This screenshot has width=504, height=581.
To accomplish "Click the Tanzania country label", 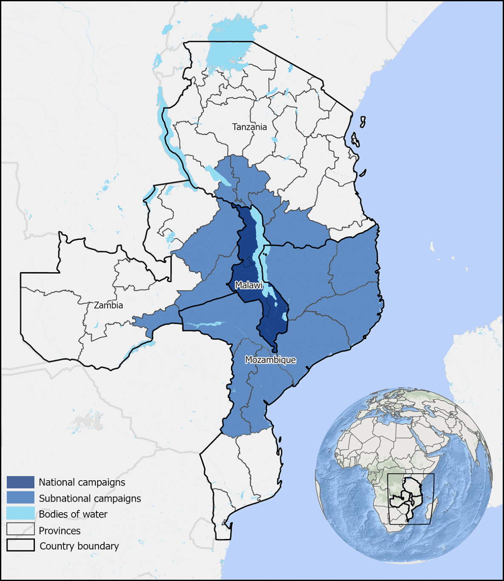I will (x=250, y=127).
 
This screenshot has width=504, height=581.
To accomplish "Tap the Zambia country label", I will (x=108, y=305).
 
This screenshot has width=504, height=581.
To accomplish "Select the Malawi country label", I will (x=249, y=285).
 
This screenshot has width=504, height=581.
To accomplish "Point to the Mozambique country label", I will (x=271, y=360).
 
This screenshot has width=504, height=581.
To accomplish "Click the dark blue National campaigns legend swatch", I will (x=20, y=482).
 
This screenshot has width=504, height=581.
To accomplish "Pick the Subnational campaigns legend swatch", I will (x=20, y=498).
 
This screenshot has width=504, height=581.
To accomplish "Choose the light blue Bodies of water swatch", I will (x=20, y=513).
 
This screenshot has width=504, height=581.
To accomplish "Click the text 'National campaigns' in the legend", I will (x=82, y=482).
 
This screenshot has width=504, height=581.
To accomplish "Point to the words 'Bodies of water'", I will (x=73, y=514).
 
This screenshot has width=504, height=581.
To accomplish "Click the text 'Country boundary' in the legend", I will (x=79, y=546).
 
